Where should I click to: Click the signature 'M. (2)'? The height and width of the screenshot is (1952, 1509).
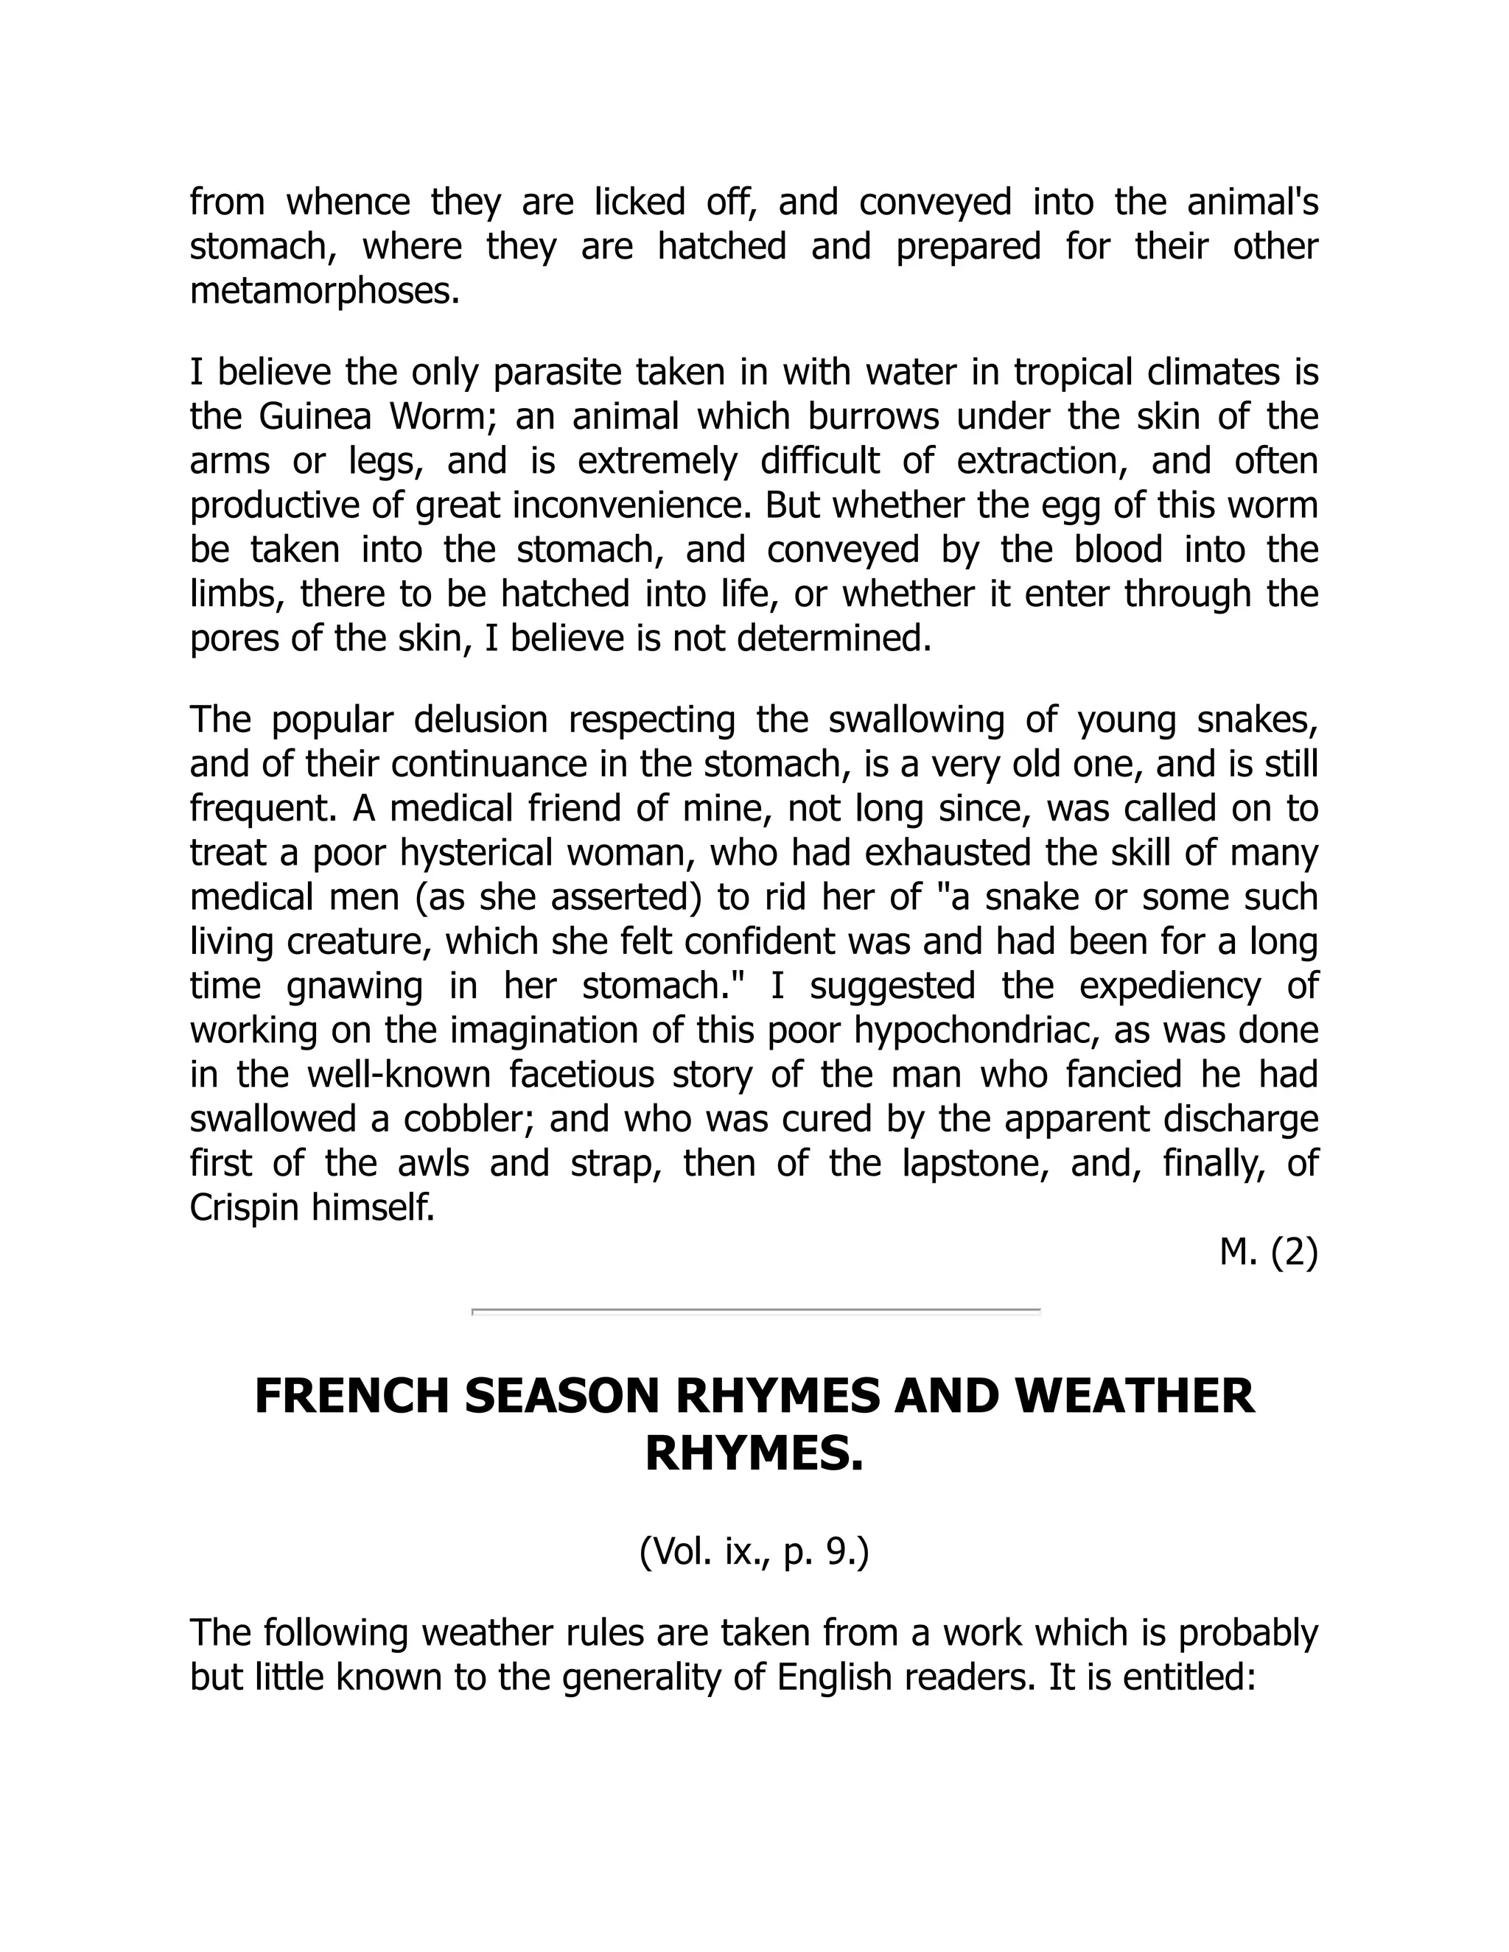pos(1267,1253)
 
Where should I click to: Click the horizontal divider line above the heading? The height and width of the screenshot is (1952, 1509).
pos(755,1312)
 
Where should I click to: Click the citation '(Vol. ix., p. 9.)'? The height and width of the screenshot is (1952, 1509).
pos(754,1553)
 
